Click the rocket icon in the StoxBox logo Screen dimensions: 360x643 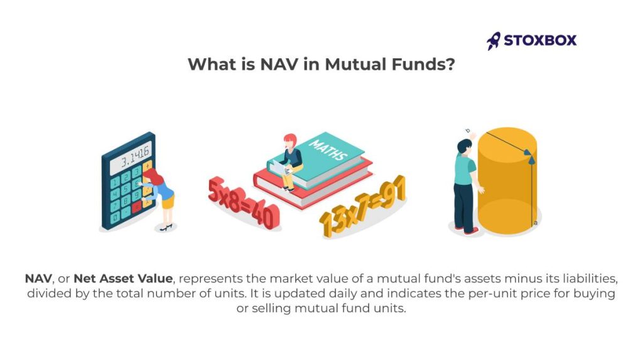tap(494, 41)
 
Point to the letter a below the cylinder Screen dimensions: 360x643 tap(535, 222)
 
